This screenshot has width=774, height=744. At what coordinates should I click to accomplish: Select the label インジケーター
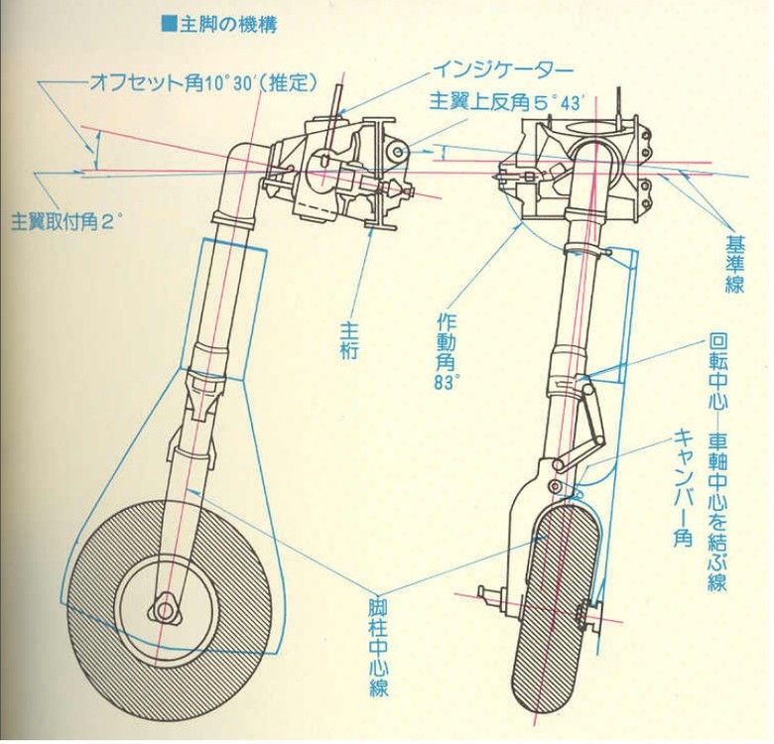click(x=502, y=70)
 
